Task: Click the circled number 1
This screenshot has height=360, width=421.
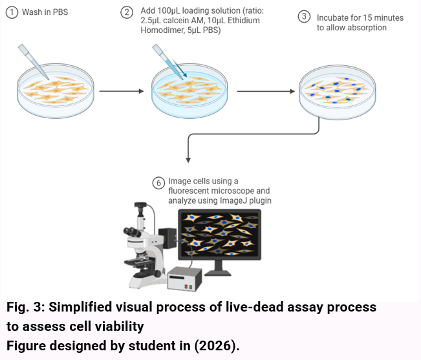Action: (x=12, y=12)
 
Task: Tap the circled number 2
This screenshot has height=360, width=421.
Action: (x=127, y=12)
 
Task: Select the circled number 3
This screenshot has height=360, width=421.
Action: (x=304, y=16)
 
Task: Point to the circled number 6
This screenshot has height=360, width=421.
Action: (x=158, y=183)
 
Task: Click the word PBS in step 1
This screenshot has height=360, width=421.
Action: (x=60, y=12)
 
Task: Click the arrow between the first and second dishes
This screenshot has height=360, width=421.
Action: (x=122, y=91)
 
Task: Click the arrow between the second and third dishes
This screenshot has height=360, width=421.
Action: (x=266, y=91)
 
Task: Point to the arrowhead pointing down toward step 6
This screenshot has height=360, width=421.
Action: (x=188, y=160)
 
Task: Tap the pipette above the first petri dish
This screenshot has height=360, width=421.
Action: (x=33, y=61)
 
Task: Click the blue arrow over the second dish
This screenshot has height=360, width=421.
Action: (x=179, y=69)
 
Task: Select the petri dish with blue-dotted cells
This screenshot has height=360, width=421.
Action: (x=337, y=92)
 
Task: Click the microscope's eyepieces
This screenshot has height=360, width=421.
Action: (x=132, y=231)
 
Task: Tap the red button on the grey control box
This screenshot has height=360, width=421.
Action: (x=186, y=287)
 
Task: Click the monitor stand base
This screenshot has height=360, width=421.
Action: (x=218, y=273)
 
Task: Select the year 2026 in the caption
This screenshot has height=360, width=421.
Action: (x=214, y=346)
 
